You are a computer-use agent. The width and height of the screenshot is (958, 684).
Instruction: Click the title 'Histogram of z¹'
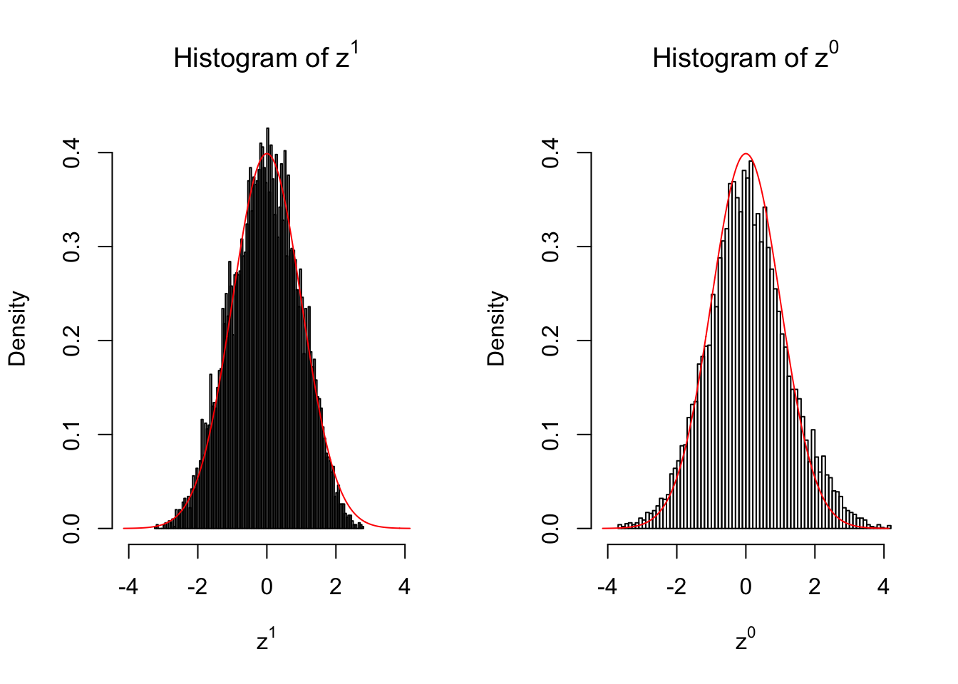[x=266, y=57]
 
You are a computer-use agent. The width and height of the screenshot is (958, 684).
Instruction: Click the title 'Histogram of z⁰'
[x=745, y=57]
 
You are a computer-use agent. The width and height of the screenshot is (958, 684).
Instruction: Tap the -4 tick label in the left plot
[x=128, y=587]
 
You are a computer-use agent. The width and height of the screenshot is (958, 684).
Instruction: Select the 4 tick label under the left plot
[x=405, y=587]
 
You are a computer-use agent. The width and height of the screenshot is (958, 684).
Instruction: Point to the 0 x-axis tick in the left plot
[x=267, y=587]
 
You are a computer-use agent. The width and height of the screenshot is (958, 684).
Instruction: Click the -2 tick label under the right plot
[x=676, y=587]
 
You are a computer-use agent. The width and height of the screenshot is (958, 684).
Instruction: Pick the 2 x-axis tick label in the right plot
[x=815, y=587]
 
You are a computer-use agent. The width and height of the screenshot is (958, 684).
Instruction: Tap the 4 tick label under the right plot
[x=884, y=587]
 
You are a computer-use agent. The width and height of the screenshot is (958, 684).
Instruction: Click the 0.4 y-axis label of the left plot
[x=72, y=152]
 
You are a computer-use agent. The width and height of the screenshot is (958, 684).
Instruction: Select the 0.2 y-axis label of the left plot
[x=72, y=341]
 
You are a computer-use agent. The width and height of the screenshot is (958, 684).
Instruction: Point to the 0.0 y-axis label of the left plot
[x=72, y=529]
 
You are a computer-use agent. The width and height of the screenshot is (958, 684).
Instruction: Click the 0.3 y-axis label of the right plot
[x=551, y=247]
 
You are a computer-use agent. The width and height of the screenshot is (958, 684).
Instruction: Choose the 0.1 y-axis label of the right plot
[x=551, y=435]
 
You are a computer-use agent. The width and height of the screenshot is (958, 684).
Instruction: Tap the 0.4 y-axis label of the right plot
[x=551, y=152]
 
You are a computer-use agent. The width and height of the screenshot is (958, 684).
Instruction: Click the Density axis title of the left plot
[x=17, y=328]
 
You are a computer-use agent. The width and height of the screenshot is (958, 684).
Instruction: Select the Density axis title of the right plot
[x=496, y=328]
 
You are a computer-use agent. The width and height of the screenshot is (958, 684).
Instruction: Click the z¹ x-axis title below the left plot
[x=266, y=641]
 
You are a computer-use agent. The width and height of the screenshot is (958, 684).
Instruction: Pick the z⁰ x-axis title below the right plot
[x=745, y=641]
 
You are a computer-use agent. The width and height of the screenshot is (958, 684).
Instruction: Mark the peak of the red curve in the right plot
[x=746, y=154]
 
